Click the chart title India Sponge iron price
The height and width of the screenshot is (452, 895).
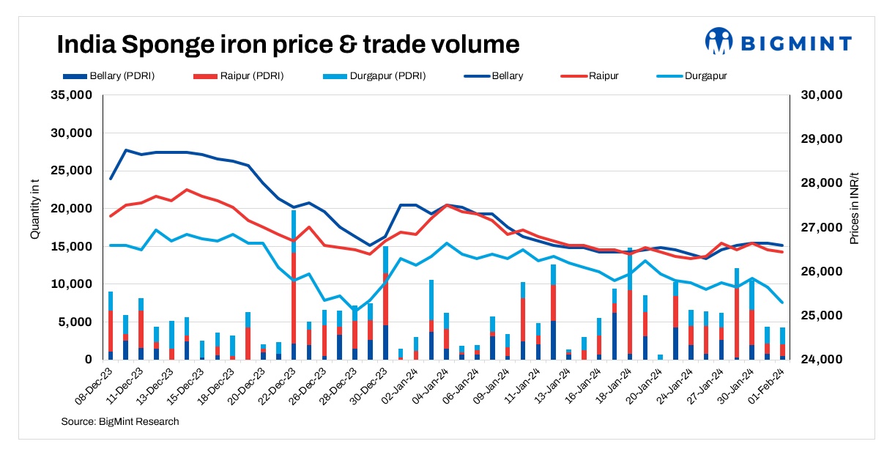coord(288,45)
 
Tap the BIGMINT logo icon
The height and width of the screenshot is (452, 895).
coord(718,42)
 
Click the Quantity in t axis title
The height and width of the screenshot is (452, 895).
coord(34,208)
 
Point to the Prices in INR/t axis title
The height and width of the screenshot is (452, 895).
coord(854,209)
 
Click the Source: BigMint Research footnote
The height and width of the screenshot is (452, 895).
coord(120,421)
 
